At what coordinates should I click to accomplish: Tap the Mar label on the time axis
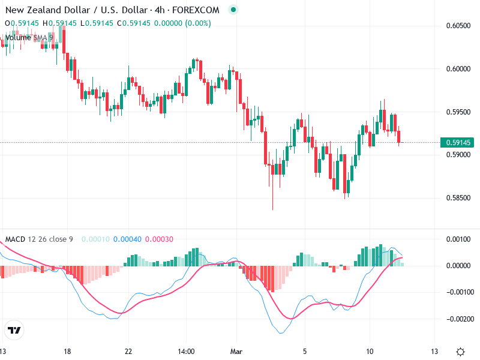coord(237,351)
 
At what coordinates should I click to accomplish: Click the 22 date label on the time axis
coord(128,351)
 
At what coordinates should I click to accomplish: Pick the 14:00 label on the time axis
coord(187,351)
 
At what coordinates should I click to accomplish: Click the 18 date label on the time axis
coord(67,351)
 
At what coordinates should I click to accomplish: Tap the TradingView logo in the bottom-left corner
coord(14,330)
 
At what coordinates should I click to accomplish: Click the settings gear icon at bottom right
coord(460,351)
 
